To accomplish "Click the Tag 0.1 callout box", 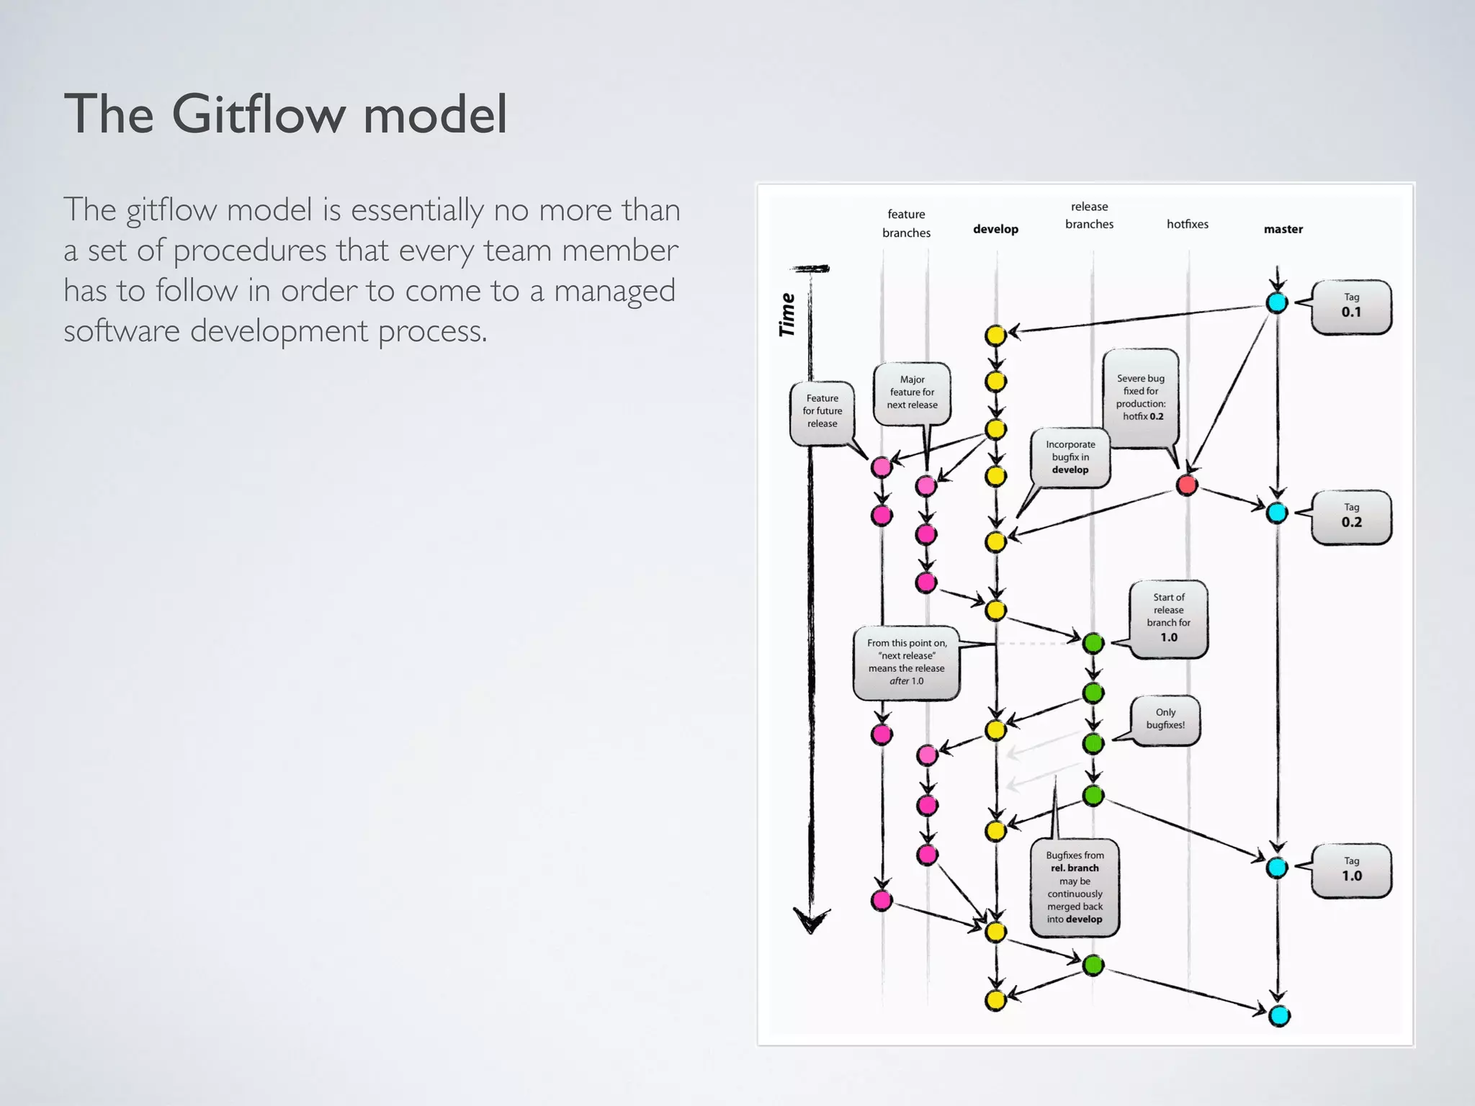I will coord(1351,307).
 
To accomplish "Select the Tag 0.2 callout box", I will coord(1351,517).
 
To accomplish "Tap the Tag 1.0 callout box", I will coord(1351,871).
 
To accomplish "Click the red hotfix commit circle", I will coord(1187,485).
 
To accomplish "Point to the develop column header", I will coord(995,229).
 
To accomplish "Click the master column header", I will coord(1283,229).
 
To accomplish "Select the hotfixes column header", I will coord(1187,224).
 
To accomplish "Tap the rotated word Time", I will coord(787,315).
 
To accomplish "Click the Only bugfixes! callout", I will coord(1165,719).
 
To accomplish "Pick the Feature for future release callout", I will coord(822,411).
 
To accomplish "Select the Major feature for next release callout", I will coord(912,392).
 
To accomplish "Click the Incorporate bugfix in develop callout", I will coord(1070,457).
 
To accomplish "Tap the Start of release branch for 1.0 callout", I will coord(1168,618).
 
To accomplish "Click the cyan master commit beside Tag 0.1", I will coord(1277,302).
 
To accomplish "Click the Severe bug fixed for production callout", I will coord(1140,397).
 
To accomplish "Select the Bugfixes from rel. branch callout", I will coord(1074,887).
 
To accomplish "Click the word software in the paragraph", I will coord(121,331).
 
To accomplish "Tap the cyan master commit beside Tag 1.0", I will coord(1277,867).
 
